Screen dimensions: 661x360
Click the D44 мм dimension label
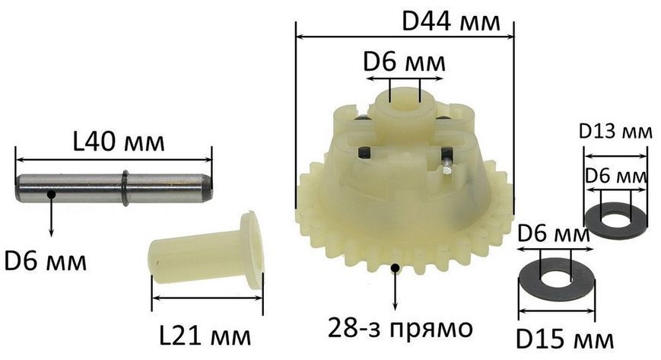pos(450,21)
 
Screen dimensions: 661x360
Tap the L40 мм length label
pos(119,142)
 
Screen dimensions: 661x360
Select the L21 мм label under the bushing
pos(205,336)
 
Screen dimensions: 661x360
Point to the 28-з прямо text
pos(400,328)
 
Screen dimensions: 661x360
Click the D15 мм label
pos(565,339)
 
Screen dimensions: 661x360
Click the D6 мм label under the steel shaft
pos(45,261)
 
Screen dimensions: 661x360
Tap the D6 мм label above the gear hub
pos(404,62)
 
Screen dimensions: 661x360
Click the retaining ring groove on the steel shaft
pos(126,188)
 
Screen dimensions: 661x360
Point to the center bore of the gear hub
pos(405,103)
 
